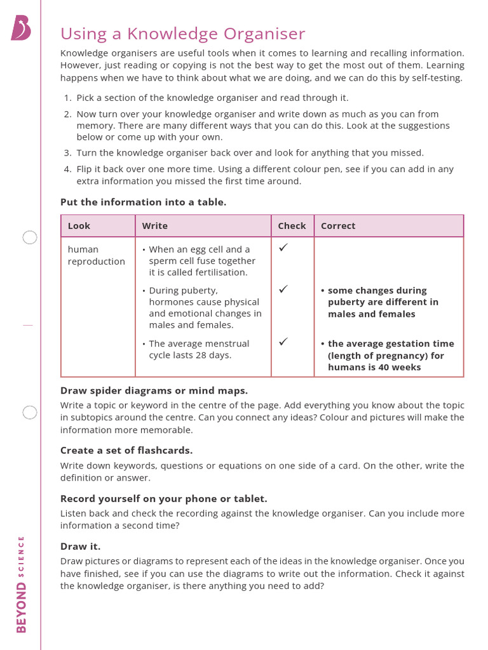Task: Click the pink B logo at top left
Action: [x=21, y=29]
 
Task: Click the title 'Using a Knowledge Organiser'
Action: [x=182, y=34]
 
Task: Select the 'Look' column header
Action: [x=79, y=226]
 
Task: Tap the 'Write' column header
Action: [x=154, y=226]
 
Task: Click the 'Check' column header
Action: [x=292, y=226]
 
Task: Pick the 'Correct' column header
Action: [x=338, y=226]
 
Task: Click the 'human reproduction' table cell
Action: [x=96, y=255]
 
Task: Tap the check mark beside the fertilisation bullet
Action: [x=283, y=248]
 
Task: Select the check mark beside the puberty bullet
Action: [x=283, y=289]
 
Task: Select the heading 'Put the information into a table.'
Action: [x=143, y=202]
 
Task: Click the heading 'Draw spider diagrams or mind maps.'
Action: [x=154, y=390]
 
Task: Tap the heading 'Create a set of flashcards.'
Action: [x=126, y=450]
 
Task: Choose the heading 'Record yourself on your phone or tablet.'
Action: [x=163, y=498]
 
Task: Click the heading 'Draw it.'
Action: [x=80, y=546]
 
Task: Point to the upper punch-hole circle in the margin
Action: [x=30, y=237]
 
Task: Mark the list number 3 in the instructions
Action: [x=67, y=153]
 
